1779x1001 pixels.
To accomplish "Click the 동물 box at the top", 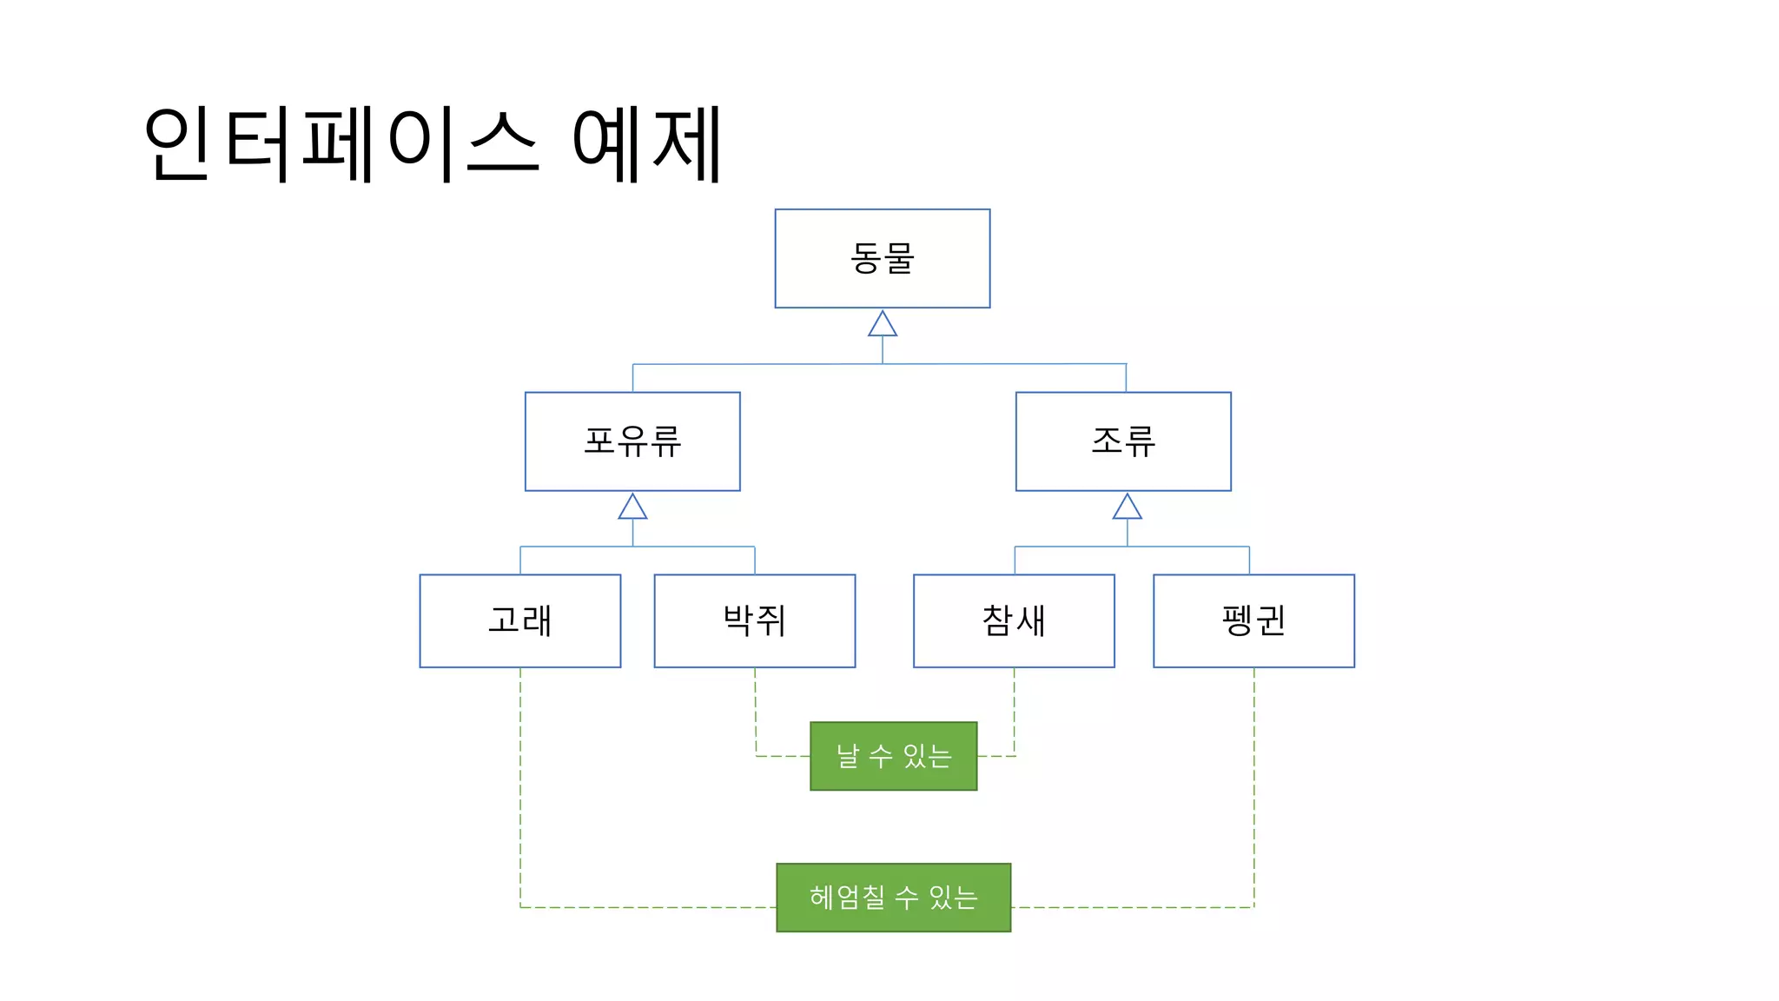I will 882,258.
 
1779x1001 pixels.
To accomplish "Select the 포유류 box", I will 632,441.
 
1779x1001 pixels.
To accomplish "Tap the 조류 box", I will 1123,441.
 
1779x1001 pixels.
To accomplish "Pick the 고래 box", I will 519,620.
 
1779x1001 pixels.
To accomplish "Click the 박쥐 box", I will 754,620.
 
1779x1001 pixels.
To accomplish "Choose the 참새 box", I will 1014,620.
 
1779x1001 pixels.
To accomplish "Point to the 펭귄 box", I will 1253,620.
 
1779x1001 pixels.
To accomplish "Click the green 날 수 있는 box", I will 893,756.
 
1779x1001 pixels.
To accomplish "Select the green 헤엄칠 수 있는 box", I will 893,898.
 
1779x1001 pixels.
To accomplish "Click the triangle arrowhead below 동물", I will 883,325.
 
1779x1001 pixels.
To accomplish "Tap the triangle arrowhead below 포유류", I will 632,507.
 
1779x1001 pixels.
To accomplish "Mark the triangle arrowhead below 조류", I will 1128,507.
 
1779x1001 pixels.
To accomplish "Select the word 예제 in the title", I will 646,143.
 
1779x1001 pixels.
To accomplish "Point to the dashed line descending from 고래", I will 520,782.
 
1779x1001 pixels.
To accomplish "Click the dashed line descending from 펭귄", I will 1253,782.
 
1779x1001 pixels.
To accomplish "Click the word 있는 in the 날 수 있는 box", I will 928,756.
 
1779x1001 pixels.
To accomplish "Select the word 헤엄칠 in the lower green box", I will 847,898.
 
